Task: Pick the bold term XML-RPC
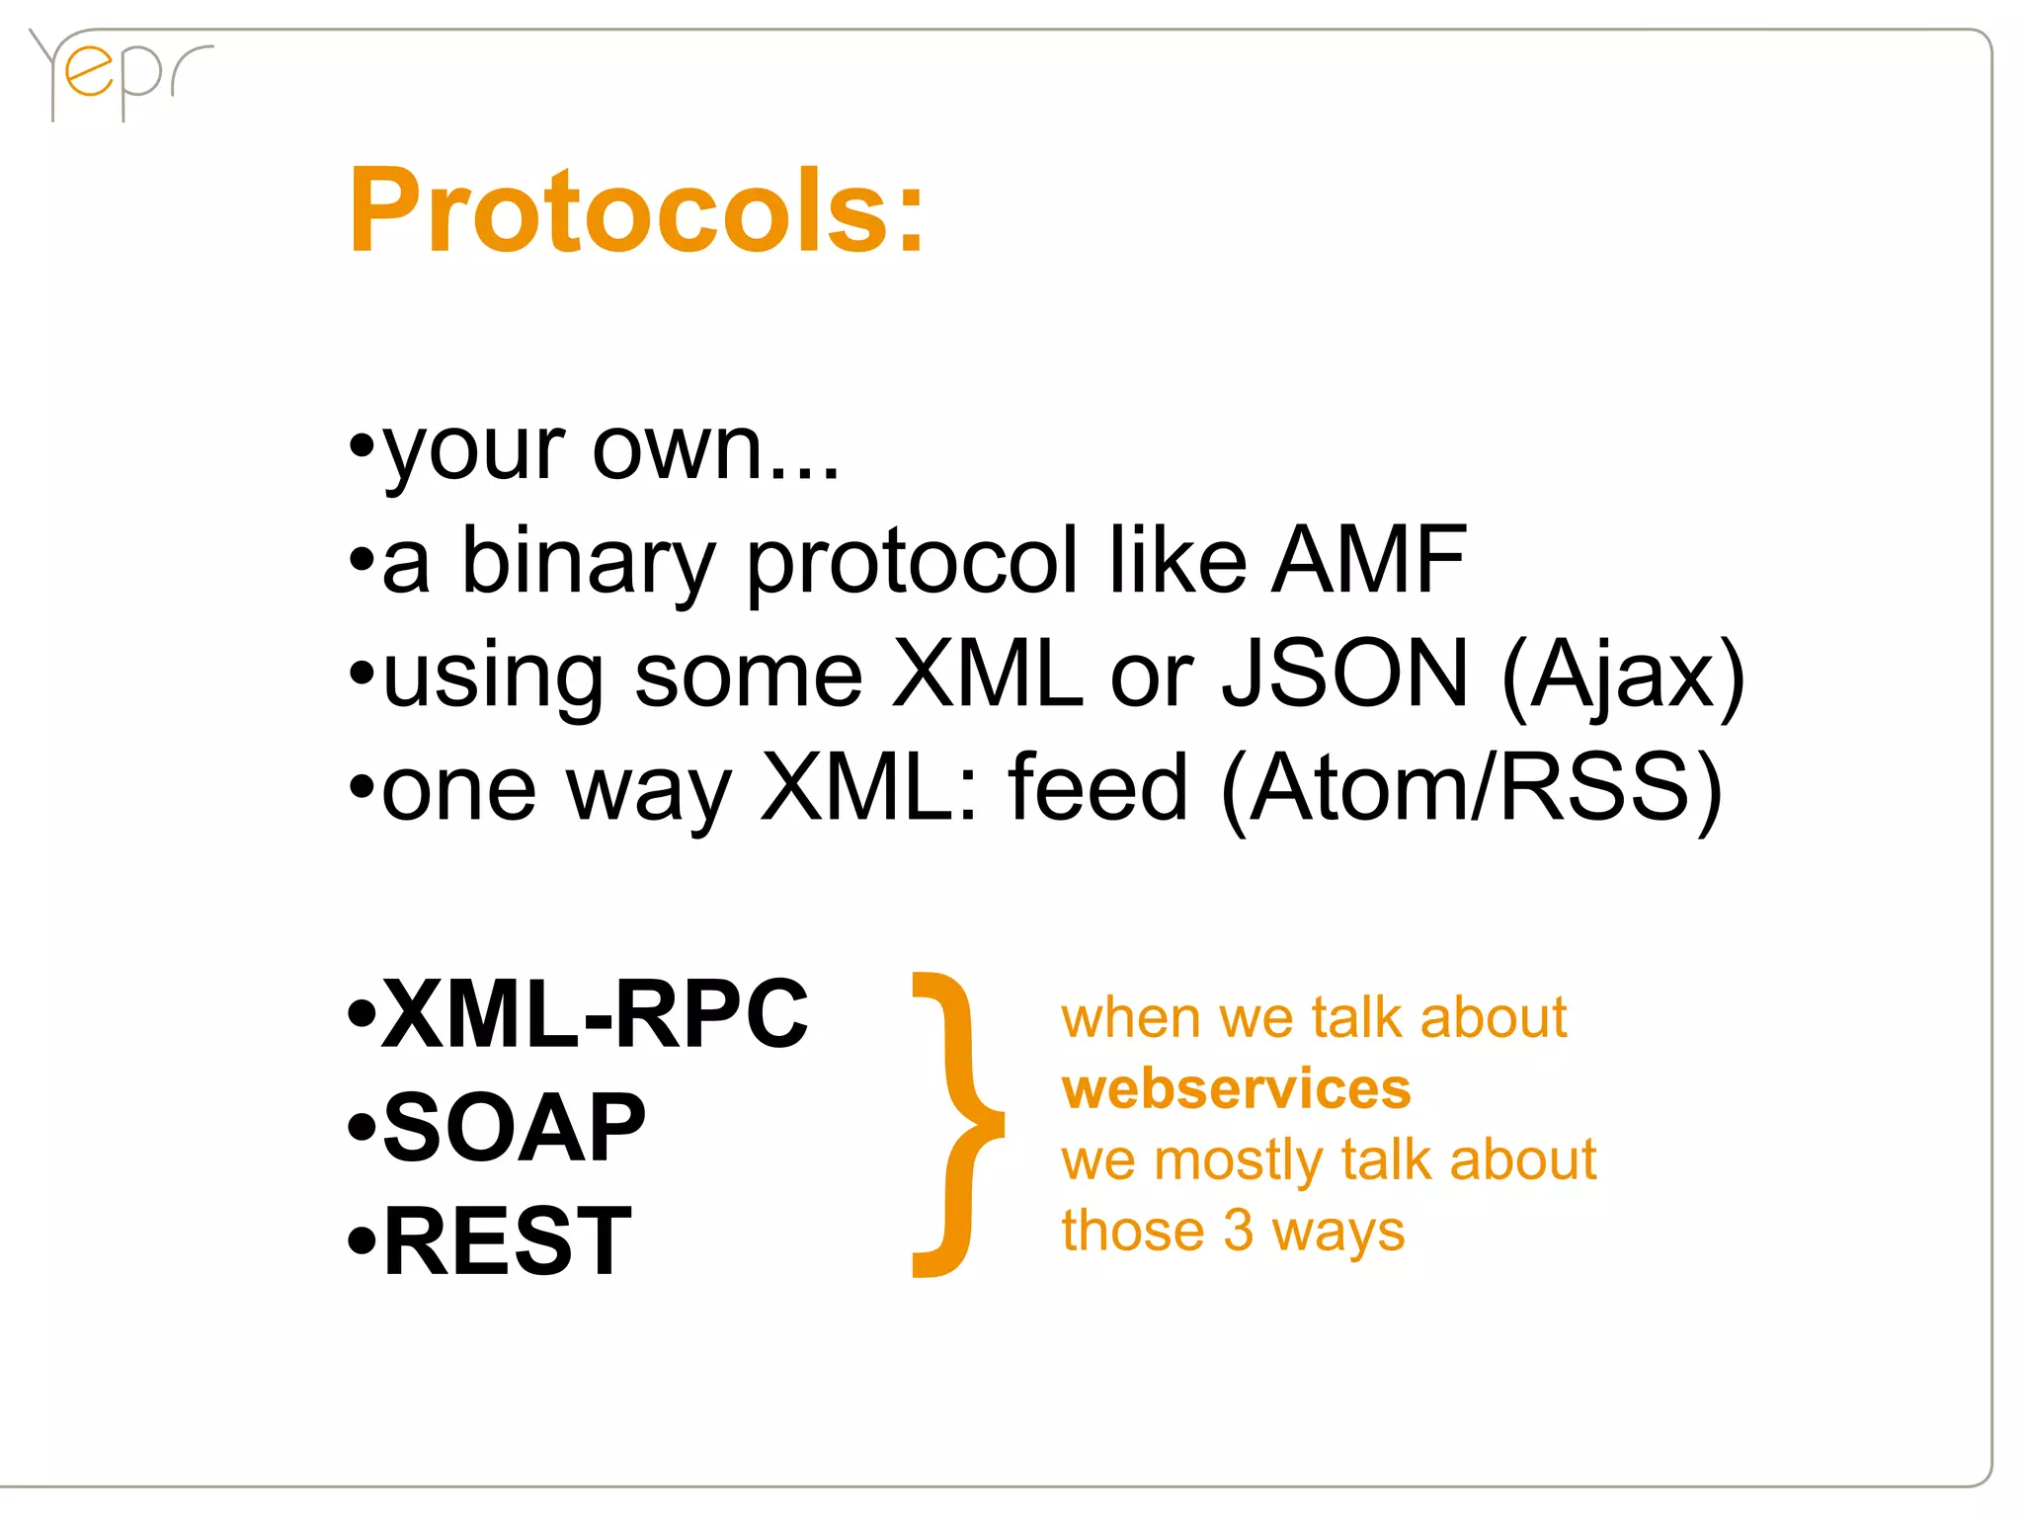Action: pyautogui.click(x=595, y=1014)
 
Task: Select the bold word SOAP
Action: pyautogui.click(x=514, y=1128)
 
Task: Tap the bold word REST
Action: pyautogui.click(x=507, y=1241)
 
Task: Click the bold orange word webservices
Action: pyautogui.click(x=1236, y=1089)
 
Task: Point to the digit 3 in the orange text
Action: pyautogui.click(x=1238, y=1231)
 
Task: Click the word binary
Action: pyautogui.click(x=589, y=563)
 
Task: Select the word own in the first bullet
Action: pyautogui.click(x=691, y=449)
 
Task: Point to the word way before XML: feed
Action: pyautogui.click(x=649, y=790)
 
